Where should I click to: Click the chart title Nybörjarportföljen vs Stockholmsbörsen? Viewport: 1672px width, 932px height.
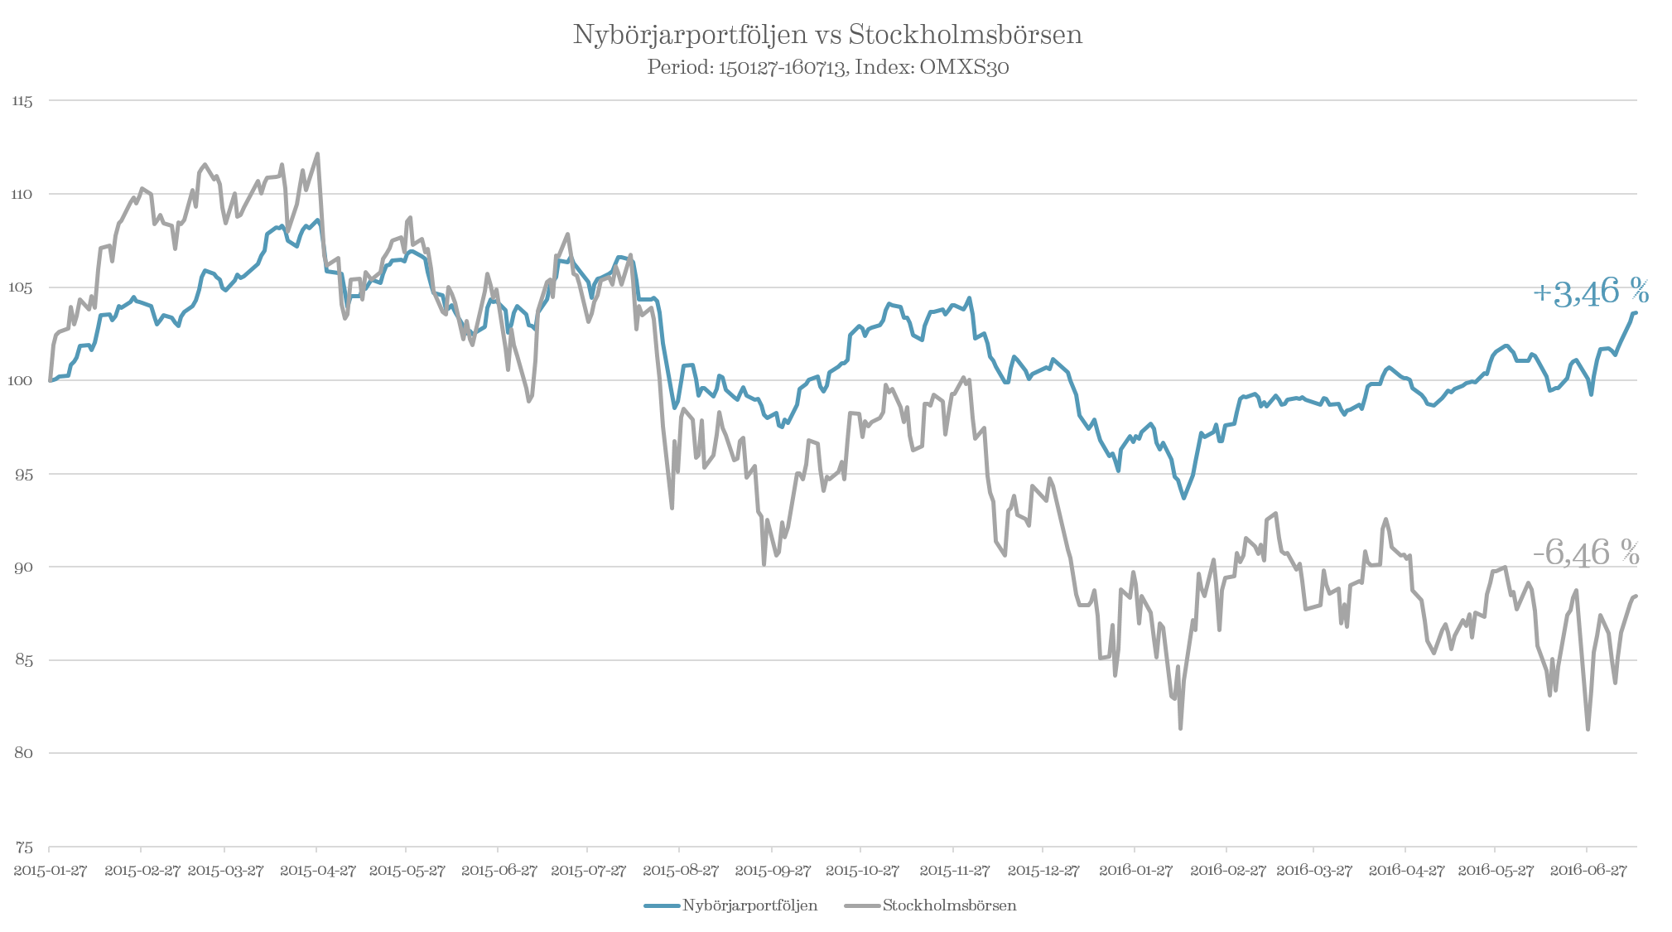(x=827, y=36)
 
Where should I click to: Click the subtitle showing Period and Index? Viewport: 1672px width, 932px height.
(x=827, y=68)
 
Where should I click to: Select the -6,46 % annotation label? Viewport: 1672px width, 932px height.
(x=1586, y=552)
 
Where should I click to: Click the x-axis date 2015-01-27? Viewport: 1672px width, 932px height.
(x=50, y=872)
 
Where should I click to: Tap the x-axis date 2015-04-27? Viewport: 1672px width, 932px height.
(x=317, y=872)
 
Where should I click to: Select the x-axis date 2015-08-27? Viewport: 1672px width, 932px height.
(x=680, y=872)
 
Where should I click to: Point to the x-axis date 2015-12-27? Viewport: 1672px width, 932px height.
(x=1043, y=872)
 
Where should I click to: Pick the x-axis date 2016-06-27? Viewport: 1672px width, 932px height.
(x=1587, y=872)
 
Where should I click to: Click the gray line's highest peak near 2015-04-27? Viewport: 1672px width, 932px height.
(x=318, y=153)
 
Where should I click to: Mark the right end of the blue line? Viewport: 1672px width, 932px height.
(x=1636, y=312)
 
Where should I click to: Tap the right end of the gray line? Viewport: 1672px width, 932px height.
(x=1636, y=595)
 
